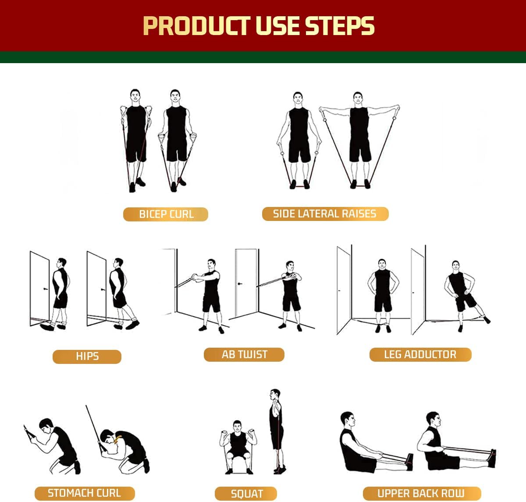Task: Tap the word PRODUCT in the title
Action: pos(196,26)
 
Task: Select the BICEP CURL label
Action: pos(166,214)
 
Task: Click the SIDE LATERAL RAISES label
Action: pos(325,214)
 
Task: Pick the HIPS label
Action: pos(87,356)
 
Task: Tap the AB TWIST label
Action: pos(244,354)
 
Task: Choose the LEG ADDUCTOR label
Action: pos(420,354)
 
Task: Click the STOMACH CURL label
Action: pos(84,493)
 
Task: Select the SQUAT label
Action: pos(246,494)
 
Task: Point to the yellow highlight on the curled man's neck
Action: pos(117,440)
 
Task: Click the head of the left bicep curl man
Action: pos(135,96)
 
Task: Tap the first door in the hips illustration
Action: pos(39,287)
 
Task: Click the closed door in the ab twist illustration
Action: pos(245,283)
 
